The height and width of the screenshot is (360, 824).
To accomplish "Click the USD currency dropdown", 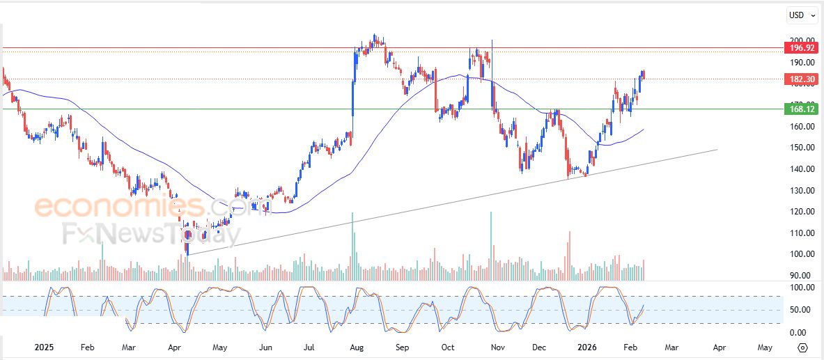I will click(802, 15).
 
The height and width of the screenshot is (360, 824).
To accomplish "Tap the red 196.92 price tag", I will click(800, 48).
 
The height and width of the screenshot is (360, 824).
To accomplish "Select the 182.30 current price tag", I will click(800, 79).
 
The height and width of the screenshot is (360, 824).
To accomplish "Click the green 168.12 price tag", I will click(800, 109).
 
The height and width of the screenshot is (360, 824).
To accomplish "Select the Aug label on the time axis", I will click(357, 346).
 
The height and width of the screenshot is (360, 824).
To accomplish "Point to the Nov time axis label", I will click(497, 346).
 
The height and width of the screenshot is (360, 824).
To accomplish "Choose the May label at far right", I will click(764, 346).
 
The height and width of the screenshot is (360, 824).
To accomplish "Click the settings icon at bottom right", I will click(802, 347).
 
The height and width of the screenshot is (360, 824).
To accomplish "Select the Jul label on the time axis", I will click(311, 346).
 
